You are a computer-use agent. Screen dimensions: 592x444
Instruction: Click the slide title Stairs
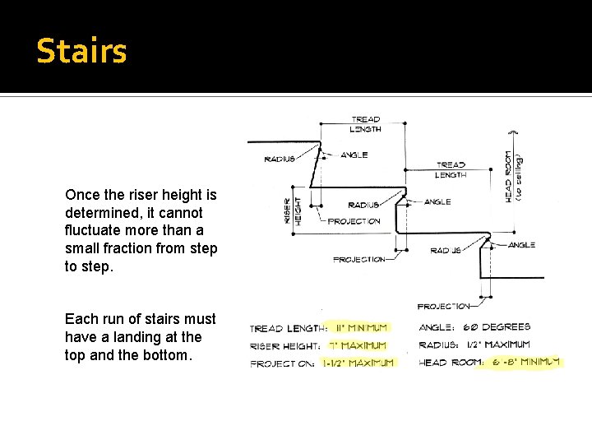(x=82, y=51)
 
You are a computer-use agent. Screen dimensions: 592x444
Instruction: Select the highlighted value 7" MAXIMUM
(x=358, y=345)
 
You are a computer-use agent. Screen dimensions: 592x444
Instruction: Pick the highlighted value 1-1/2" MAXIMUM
(x=358, y=363)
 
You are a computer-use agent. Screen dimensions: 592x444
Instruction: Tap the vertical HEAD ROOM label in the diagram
(x=510, y=175)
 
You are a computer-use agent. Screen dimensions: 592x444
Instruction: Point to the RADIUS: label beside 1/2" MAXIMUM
(x=439, y=345)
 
